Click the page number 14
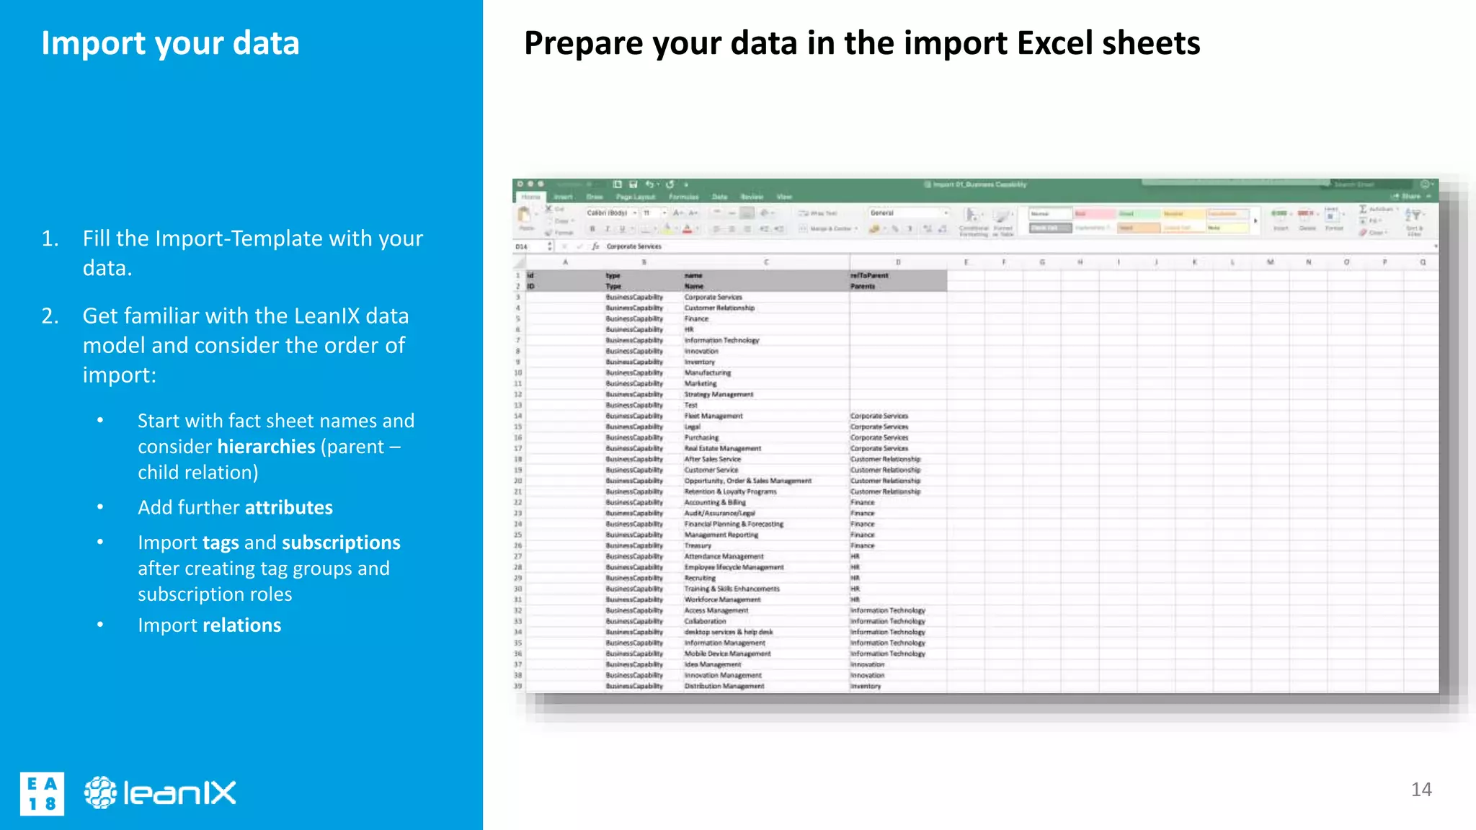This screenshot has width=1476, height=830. point(1421,790)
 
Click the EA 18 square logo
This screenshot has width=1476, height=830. point(42,793)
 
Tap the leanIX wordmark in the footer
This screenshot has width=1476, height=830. point(179,793)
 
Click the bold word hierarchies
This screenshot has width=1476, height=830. point(266,447)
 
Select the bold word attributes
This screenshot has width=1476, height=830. point(288,507)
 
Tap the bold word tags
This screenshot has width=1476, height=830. point(221,543)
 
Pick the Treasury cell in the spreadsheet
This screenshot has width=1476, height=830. point(698,546)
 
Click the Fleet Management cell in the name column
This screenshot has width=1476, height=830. point(713,416)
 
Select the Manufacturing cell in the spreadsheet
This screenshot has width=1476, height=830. point(707,373)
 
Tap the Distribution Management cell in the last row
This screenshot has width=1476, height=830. point(724,687)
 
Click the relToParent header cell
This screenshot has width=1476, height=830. point(869,275)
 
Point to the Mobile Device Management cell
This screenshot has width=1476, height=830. point(727,654)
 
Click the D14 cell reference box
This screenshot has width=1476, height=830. point(523,246)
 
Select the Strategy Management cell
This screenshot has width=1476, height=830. point(719,395)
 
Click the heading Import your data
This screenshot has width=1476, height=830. point(170,43)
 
